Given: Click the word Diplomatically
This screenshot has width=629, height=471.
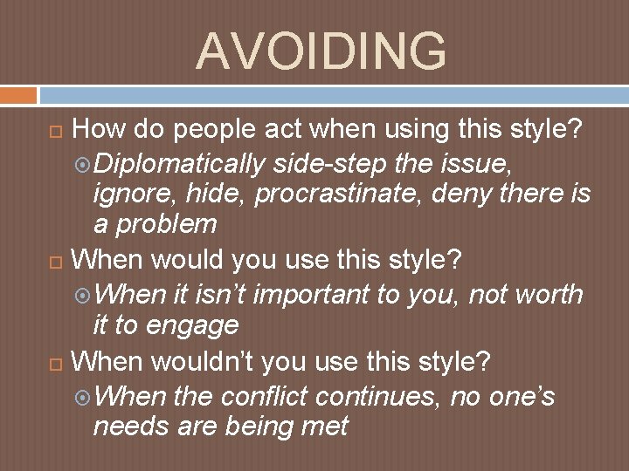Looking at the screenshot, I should [178, 163].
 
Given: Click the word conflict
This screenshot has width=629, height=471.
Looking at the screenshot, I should [265, 396].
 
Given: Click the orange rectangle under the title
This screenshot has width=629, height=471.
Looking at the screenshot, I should [18, 94].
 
